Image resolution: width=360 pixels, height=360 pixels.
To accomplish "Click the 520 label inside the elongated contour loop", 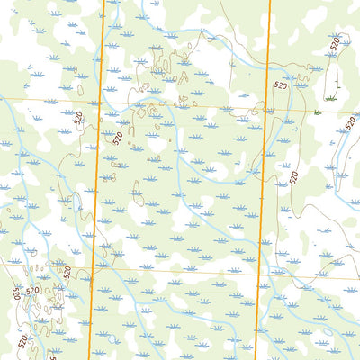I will tap(335, 42).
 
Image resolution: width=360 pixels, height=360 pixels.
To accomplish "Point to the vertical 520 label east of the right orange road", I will tap(292, 177).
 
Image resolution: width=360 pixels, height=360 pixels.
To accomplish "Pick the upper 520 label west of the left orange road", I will tap(79, 117).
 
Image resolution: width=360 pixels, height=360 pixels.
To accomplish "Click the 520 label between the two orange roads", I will tap(117, 138).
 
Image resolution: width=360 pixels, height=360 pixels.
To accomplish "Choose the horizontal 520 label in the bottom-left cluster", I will tap(32, 291).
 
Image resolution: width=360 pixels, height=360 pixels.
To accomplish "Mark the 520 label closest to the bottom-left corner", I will tap(22, 341).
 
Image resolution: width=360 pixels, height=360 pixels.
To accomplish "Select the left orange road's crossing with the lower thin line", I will tap(93, 267).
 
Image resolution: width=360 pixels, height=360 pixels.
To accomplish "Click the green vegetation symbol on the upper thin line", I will tap(318, 112).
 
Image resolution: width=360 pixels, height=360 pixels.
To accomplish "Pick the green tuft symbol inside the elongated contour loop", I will tap(330, 96).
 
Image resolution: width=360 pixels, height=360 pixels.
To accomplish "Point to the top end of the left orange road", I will tap(104, 1).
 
